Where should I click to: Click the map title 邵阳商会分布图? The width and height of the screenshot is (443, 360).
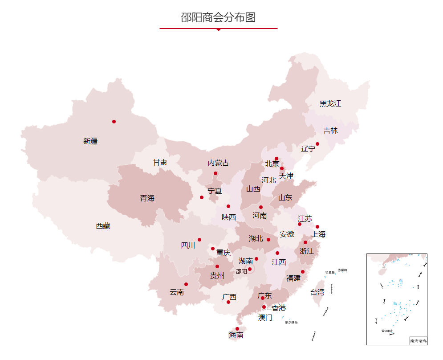218,17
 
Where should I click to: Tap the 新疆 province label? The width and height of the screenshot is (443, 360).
90,141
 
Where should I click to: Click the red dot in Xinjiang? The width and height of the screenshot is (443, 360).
114,122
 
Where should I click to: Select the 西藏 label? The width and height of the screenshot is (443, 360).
103,226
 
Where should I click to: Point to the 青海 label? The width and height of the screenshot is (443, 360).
147,198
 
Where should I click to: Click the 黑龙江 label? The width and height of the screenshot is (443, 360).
330,103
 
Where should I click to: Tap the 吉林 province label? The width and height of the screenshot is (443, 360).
330,131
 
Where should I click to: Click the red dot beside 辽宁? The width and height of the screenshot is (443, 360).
317,144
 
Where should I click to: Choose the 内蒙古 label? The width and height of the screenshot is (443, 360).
219,163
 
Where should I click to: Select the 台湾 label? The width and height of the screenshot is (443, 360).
317,292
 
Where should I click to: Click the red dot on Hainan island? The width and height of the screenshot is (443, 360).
237,329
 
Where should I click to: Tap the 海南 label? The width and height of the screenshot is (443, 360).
236,335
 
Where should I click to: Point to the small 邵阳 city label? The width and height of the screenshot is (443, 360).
241,271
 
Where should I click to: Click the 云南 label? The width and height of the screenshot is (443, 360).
177,292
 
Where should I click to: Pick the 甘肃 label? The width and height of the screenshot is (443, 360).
160,162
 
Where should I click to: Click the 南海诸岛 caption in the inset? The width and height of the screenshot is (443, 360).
419,341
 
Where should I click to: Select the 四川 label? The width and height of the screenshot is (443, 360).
188,245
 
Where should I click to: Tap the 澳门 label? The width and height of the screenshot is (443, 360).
265,318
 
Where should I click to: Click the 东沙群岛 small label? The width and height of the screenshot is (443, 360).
291,322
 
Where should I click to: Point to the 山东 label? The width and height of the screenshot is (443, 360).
285,198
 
